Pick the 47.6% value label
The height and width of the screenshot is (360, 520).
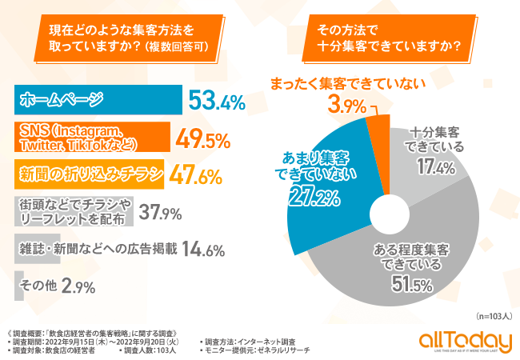click(x=197, y=175)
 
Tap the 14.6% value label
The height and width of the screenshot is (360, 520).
click(x=202, y=249)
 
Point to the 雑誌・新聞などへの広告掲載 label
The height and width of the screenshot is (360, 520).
click(x=97, y=249)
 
